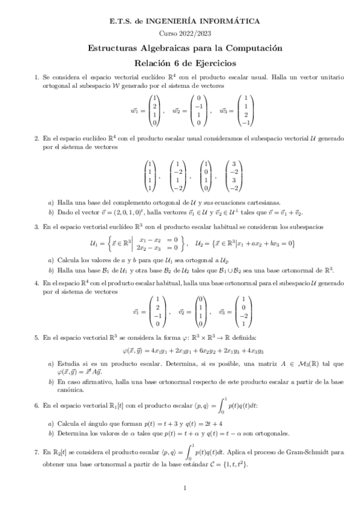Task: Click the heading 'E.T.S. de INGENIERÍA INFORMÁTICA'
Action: (x=185, y=21)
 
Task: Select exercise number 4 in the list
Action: (x=37, y=282)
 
